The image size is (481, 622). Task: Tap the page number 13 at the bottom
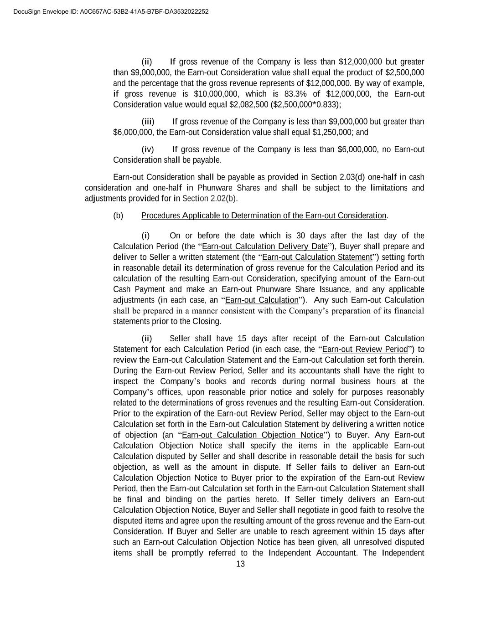tap(240, 564)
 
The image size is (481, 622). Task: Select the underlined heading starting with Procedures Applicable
tap(264, 216)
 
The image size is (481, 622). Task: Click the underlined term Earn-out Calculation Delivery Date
tap(264, 247)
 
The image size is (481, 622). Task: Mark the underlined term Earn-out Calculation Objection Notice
tap(252, 435)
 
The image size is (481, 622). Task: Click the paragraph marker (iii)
tap(148, 122)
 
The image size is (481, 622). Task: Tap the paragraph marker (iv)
tap(148, 149)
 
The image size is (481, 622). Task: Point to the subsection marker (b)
tap(118, 216)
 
